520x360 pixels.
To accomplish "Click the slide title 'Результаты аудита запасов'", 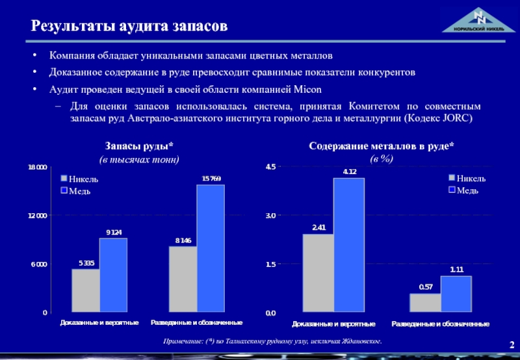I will coord(129,27).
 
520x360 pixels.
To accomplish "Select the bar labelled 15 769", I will coord(211,248).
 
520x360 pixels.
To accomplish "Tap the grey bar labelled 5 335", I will coord(85,290).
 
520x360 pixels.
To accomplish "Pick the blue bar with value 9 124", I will coord(113,275).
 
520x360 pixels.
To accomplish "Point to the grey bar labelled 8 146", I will coord(183,279).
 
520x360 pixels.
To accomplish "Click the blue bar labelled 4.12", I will coord(348,245).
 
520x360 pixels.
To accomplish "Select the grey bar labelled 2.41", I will coord(318,273).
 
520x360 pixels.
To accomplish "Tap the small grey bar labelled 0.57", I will coord(425,303).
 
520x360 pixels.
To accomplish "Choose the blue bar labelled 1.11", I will coord(456,294).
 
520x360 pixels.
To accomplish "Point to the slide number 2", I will coord(512,344).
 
